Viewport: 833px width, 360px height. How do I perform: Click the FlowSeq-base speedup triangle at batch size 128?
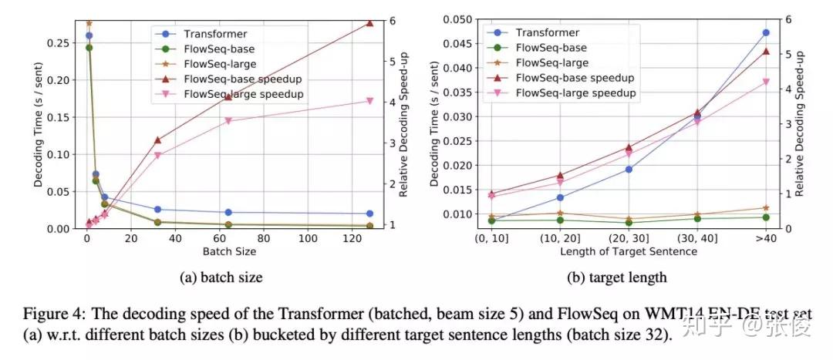pyautogui.click(x=369, y=23)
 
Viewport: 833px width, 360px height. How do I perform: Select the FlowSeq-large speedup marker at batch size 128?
pyautogui.click(x=369, y=101)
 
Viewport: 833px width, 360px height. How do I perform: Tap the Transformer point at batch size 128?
pyautogui.click(x=369, y=214)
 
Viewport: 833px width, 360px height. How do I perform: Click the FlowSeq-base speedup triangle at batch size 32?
pyautogui.click(x=157, y=140)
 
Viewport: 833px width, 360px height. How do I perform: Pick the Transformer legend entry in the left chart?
pyautogui.click(x=202, y=33)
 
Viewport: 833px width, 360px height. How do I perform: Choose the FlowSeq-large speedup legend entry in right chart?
pyautogui.click(x=575, y=93)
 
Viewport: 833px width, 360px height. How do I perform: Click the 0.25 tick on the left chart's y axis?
pyautogui.click(x=62, y=42)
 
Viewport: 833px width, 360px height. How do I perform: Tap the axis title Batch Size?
pyautogui.click(x=228, y=251)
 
